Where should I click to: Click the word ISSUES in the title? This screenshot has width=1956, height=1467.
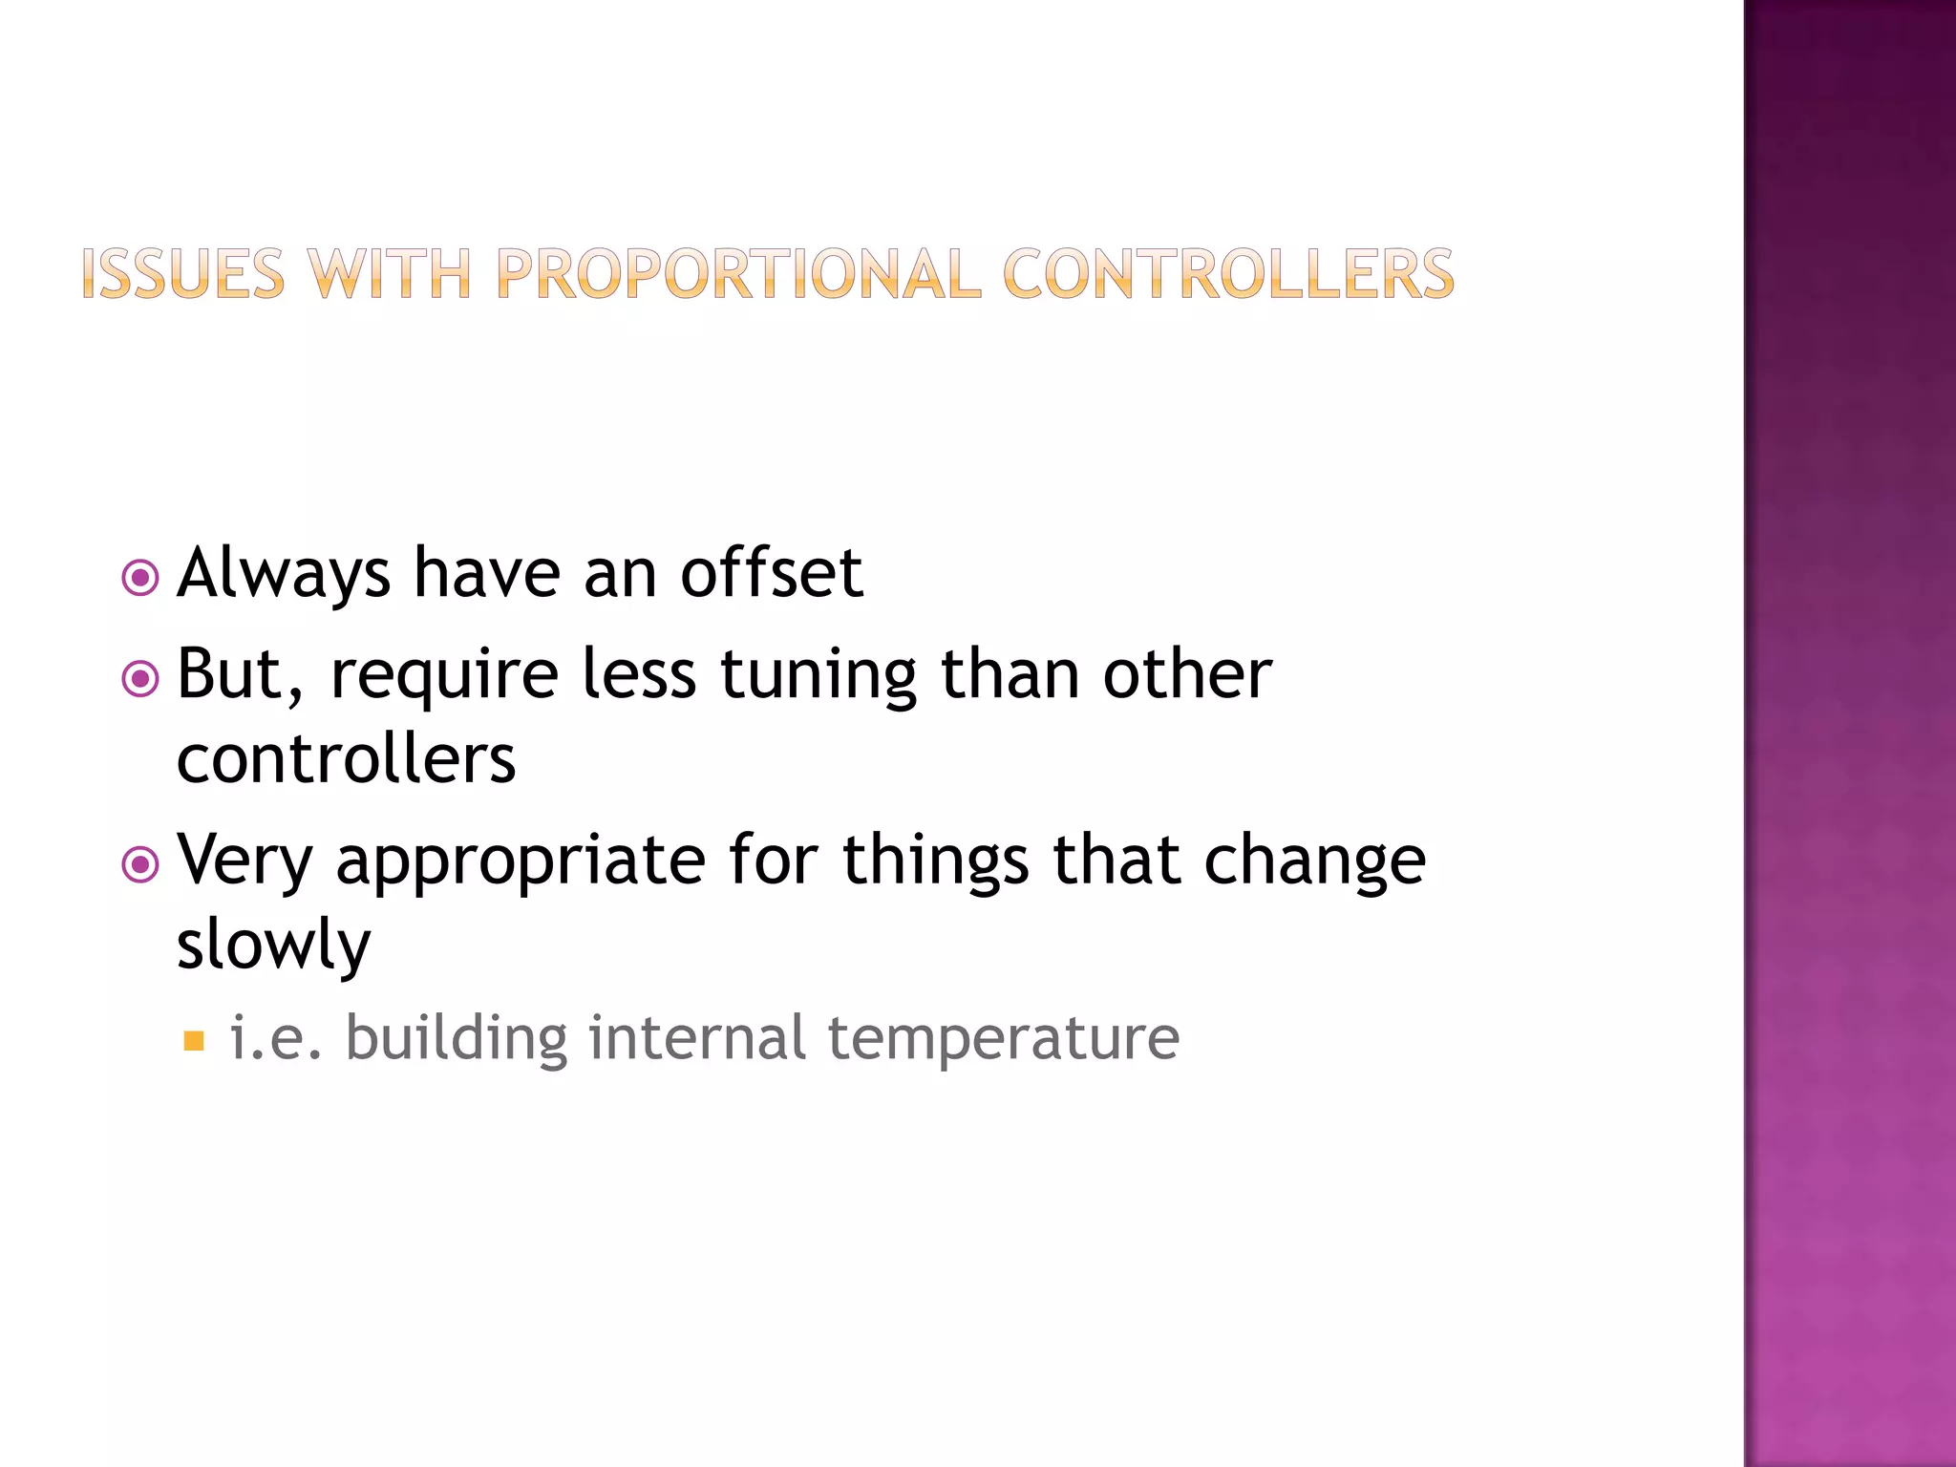coord(182,275)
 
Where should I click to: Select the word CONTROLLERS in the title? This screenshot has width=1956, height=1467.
coord(1228,275)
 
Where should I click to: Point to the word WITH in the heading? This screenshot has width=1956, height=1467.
coord(390,275)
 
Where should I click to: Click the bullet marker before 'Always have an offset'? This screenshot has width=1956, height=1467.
coord(140,578)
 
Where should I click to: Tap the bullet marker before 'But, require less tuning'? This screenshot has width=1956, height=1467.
coord(140,679)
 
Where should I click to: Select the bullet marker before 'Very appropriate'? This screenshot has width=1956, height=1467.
coord(140,864)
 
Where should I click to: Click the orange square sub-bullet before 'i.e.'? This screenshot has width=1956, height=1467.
coord(194,1040)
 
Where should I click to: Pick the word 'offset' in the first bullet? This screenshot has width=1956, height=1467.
coord(772,573)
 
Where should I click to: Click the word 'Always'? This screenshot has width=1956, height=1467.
coord(284,575)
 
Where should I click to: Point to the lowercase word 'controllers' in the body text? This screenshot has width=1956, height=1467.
coord(346,759)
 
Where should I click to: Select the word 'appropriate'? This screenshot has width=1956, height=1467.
coord(521,861)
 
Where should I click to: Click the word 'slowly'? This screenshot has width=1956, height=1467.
coord(273,945)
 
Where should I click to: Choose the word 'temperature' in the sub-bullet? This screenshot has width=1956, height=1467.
coord(1003,1038)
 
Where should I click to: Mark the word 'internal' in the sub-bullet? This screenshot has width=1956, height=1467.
coord(697,1038)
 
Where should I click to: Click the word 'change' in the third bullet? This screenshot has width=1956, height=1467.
coord(1314,861)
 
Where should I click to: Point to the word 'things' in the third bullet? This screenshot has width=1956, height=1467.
coord(935,861)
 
